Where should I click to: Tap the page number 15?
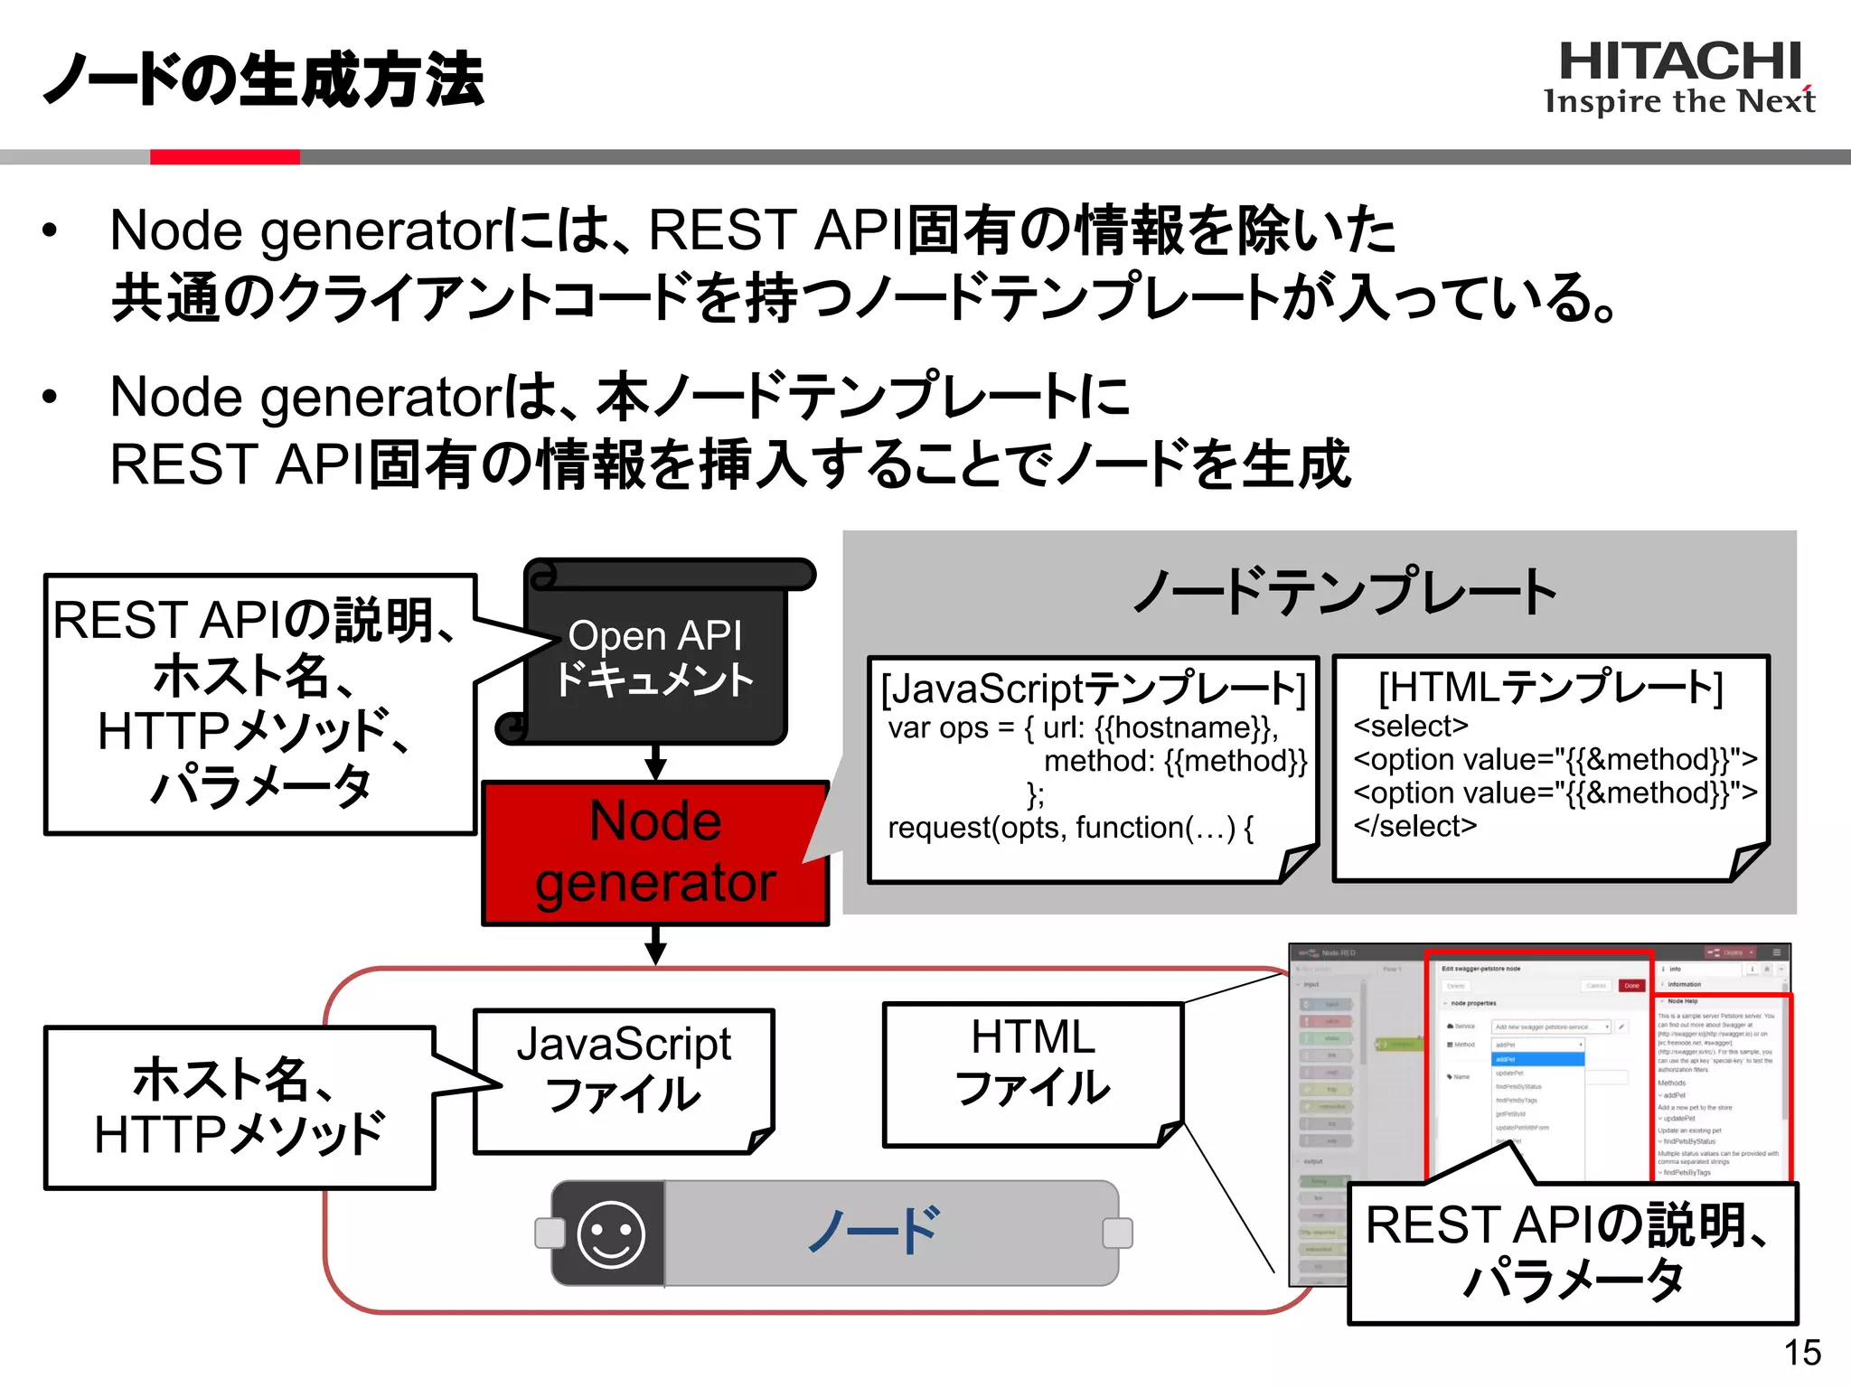[x=1802, y=1353]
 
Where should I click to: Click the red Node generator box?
[x=655, y=852]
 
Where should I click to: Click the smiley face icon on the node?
[x=611, y=1233]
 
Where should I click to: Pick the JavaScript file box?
[x=624, y=1080]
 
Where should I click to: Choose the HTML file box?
[x=1032, y=1074]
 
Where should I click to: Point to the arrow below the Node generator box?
[x=656, y=946]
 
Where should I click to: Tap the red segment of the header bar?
[x=224, y=157]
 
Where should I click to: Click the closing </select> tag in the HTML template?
[x=1414, y=826]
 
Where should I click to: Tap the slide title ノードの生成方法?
[x=264, y=80]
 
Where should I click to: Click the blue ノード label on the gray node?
[x=873, y=1231]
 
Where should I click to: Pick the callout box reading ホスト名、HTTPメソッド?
[x=240, y=1107]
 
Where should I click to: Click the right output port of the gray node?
[x=1118, y=1233]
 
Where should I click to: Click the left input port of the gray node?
[x=549, y=1233]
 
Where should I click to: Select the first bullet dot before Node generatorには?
[x=50, y=230]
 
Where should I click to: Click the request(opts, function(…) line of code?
[x=1070, y=828]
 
